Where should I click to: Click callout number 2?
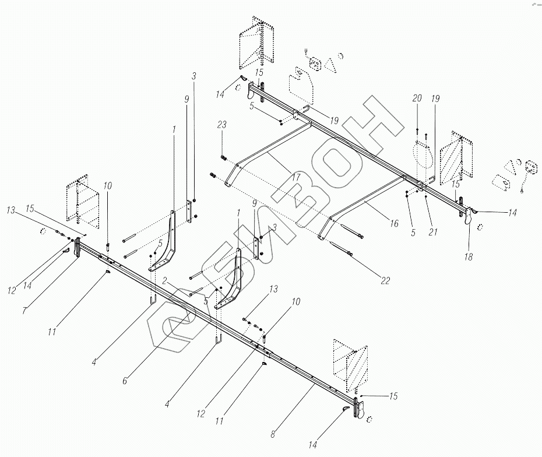click(165, 280)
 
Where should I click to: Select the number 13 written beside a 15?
click(12, 209)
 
